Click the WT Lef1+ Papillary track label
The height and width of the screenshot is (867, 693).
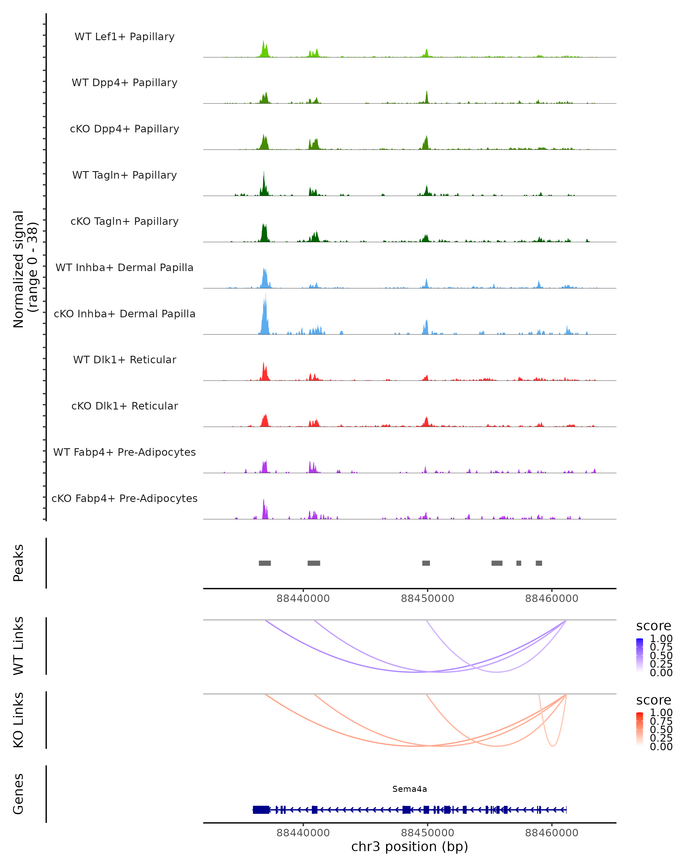[x=124, y=37]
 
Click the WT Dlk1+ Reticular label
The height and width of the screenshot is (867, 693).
[x=124, y=360]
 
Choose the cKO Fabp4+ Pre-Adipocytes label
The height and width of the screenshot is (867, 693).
[x=124, y=498]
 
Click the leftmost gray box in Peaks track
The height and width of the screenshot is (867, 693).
[x=265, y=563]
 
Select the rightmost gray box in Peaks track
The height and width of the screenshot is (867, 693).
[x=539, y=563]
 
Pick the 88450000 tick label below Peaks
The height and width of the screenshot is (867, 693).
[x=427, y=599]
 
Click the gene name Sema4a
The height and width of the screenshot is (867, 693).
[x=409, y=789]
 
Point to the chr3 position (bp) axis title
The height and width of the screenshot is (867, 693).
[x=409, y=846]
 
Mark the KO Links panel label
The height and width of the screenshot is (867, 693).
[x=18, y=720]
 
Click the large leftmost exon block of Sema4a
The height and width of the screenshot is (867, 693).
[x=261, y=809]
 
